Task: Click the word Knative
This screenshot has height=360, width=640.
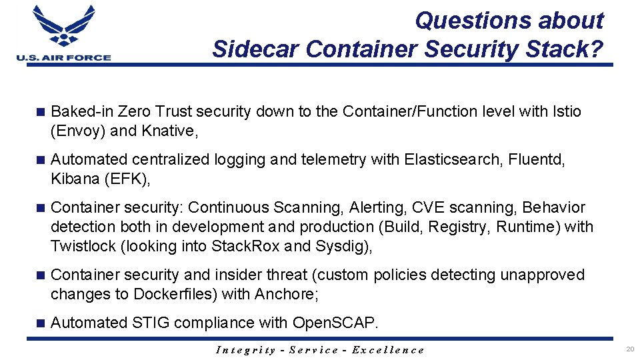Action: point(168,131)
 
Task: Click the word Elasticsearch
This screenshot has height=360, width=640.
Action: point(453,159)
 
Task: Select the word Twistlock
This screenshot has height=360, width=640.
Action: point(83,246)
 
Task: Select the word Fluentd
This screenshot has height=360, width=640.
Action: point(537,159)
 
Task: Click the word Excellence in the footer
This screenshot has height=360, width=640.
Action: point(387,350)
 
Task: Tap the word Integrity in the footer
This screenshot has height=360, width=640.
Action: point(246,350)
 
